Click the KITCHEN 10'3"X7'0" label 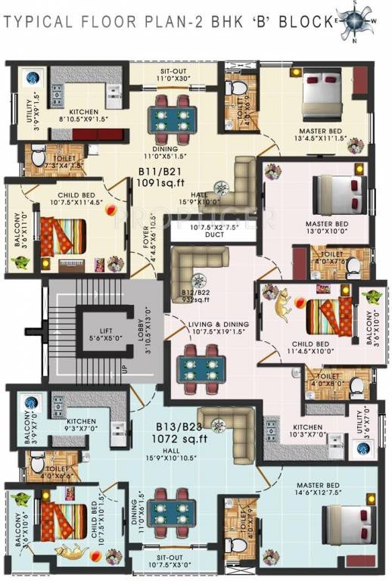tap(308, 431)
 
